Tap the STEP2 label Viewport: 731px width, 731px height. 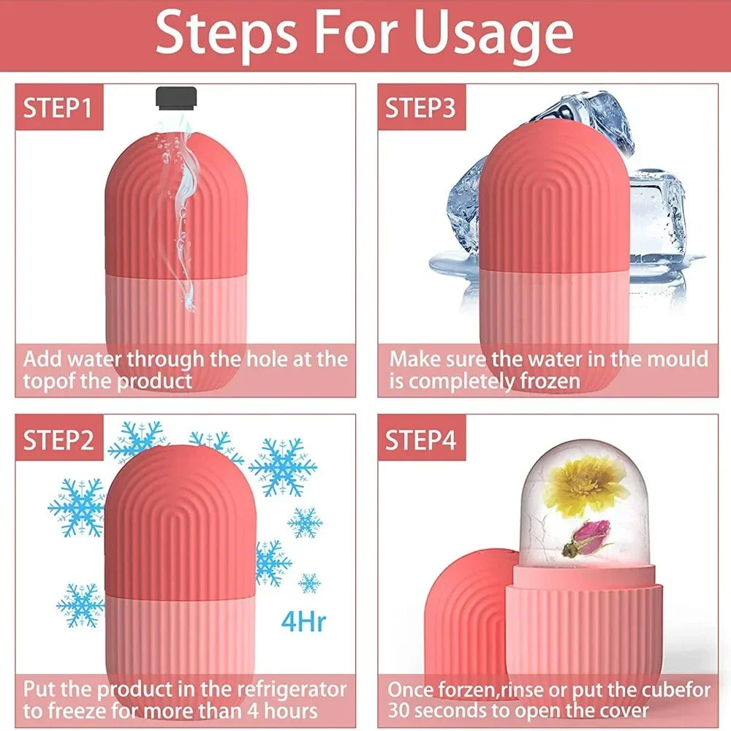[58, 440]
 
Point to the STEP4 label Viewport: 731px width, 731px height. [420, 440]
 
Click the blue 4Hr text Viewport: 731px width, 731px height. [303, 624]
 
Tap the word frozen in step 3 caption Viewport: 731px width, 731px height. [545, 381]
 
